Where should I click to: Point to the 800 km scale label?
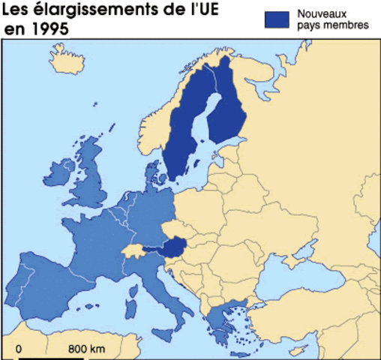coord(87,349)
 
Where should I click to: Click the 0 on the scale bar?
coord(19,349)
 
